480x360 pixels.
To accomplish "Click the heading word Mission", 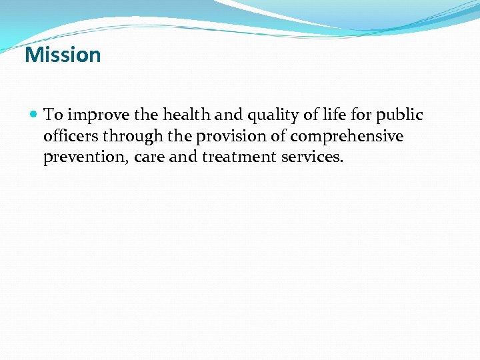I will click(63, 55).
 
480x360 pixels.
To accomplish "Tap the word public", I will click(400, 115).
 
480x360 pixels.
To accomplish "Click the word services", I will click(309, 158).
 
